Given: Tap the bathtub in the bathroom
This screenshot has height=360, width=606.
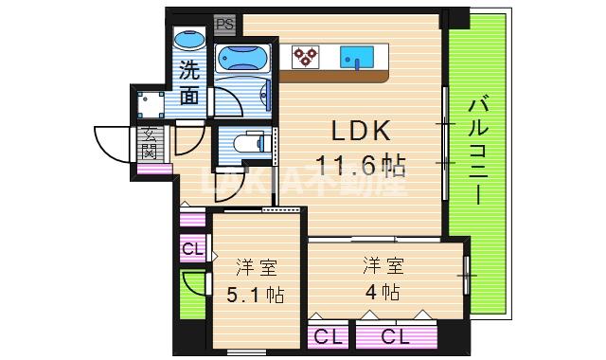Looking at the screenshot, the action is pyautogui.click(x=242, y=60).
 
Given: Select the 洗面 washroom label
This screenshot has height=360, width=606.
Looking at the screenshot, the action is pyautogui.click(x=189, y=81).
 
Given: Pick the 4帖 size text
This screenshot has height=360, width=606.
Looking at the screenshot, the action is pyautogui.click(x=380, y=291).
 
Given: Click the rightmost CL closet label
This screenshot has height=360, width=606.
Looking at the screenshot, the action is pyautogui.click(x=397, y=335).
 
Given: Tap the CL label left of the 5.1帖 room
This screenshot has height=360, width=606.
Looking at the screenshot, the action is pyautogui.click(x=191, y=250).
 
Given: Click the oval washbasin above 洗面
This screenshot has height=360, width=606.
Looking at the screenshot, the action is pyautogui.click(x=189, y=44).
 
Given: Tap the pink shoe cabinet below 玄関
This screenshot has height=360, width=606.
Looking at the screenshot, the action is pyautogui.click(x=152, y=169).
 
